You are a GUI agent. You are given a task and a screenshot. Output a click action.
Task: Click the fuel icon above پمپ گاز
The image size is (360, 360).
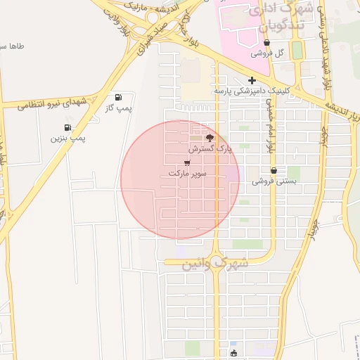coord(117,97)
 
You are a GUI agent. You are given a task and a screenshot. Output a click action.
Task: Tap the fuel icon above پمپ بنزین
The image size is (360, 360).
coord(67,127)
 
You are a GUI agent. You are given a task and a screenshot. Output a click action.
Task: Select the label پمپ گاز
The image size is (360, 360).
coord(118,108)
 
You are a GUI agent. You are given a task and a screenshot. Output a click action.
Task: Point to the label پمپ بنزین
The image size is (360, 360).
coord(67,139)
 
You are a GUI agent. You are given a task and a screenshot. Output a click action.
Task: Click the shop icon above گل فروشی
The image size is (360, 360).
coord(266,43)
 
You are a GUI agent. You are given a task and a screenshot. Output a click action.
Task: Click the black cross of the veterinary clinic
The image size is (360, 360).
coord(252,80)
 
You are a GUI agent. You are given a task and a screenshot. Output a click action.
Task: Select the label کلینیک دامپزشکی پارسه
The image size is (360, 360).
coord(251,91)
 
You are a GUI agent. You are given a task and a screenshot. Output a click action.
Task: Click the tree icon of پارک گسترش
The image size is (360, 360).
coord(209,137)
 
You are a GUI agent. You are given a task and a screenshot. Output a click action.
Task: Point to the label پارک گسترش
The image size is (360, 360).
coord(209,149)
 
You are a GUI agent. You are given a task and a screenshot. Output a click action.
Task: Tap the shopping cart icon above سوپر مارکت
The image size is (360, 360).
coord(186,162)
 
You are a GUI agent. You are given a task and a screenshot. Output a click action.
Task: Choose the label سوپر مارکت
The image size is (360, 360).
coord(187,173)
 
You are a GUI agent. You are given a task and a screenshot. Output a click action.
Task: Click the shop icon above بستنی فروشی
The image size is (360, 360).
coord(274,171)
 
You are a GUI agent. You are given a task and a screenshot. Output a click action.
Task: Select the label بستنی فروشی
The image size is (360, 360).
coord(275,181)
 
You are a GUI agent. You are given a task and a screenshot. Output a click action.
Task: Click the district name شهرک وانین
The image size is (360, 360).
coord(215,263)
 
